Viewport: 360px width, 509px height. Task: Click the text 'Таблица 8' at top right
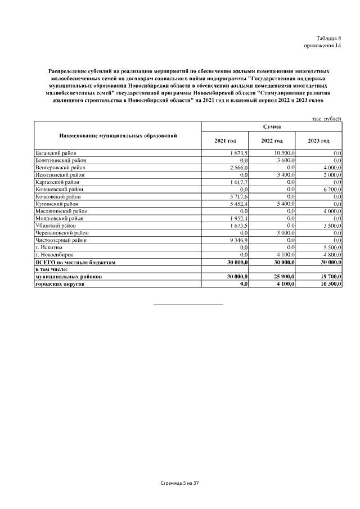tap(329, 38)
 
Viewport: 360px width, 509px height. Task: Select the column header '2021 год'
tap(225, 140)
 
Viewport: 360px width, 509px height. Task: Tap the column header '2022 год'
tap(272, 140)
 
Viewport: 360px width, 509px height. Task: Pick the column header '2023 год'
tap(318, 140)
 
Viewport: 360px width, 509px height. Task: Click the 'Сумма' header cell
tap(272, 127)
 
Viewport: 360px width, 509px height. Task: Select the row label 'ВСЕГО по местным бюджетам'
tap(75, 263)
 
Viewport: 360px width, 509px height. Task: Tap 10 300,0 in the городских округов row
tap(330, 284)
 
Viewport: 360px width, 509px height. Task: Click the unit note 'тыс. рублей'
tap(327, 119)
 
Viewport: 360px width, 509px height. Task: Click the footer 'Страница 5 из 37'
tap(180, 483)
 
